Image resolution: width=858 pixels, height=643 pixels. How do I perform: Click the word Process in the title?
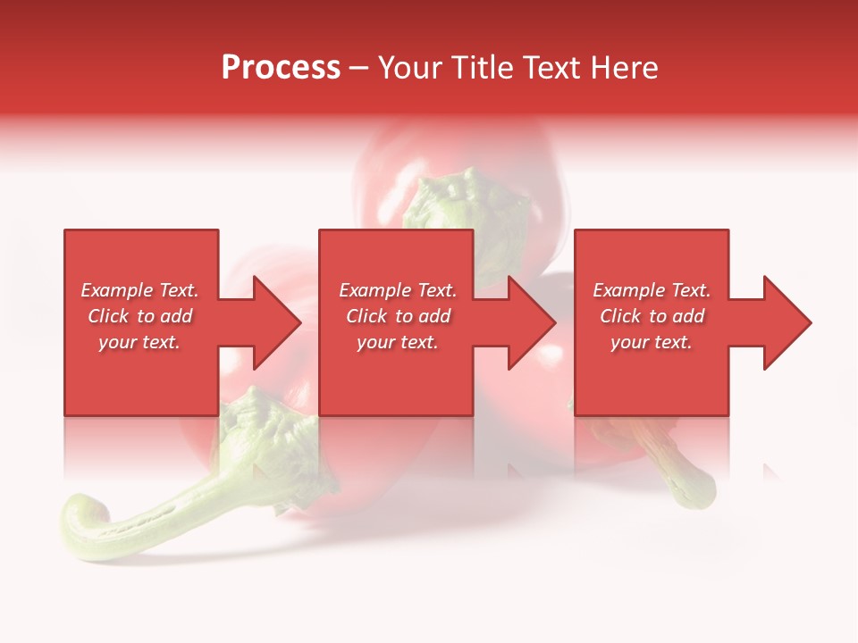(x=281, y=68)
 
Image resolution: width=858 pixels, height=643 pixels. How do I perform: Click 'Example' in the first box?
(x=115, y=290)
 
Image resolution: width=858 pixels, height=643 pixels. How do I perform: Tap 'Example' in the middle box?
(x=374, y=290)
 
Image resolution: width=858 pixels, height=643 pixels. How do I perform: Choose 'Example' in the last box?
(x=627, y=290)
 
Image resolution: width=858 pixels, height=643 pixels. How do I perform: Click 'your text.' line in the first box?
(x=139, y=342)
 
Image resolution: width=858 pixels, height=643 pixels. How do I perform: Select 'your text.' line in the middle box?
(x=398, y=342)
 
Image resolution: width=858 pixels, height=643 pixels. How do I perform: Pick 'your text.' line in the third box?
(x=652, y=342)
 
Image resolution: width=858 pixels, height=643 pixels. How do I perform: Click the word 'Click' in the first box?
(x=108, y=316)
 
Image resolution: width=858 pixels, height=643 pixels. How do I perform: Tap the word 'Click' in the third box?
(x=620, y=316)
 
